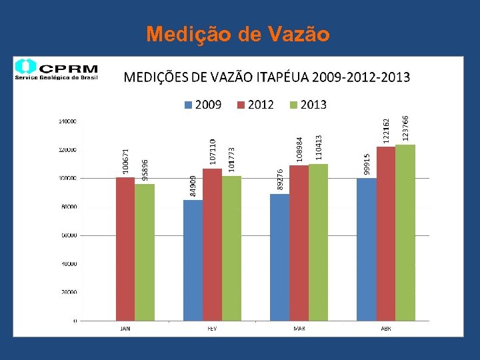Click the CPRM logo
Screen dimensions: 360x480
coord(57,69)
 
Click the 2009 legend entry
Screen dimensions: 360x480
coord(203,105)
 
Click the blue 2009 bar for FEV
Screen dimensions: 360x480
coord(193,260)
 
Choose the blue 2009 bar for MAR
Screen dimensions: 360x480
coord(279,257)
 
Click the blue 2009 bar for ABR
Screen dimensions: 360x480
coord(366,249)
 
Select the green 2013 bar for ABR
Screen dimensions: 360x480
coord(405,233)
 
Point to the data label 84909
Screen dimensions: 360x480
coord(193,186)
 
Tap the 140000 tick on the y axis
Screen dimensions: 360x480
coord(67,121)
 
